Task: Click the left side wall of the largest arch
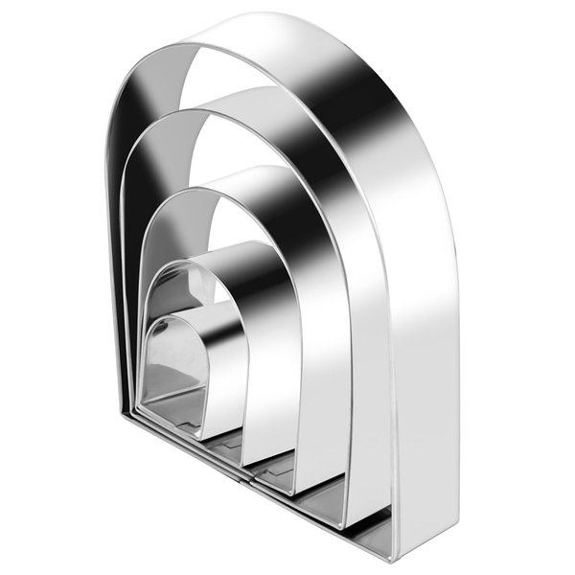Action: [113, 240]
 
